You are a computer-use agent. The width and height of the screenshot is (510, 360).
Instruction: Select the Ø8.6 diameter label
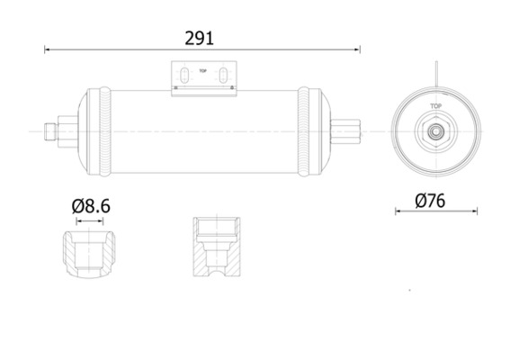click(x=91, y=206)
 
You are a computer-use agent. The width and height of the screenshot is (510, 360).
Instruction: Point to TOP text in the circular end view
click(x=435, y=106)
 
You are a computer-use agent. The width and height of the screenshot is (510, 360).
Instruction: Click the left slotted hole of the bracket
click(x=184, y=75)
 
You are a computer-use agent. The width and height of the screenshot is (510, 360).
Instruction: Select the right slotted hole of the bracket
click(x=219, y=75)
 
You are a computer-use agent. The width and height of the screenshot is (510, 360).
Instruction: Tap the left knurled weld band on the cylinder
click(x=107, y=130)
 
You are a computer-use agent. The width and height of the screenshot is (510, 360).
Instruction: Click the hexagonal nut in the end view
click(x=435, y=131)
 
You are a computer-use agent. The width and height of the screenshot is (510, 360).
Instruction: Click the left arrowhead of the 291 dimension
click(x=48, y=50)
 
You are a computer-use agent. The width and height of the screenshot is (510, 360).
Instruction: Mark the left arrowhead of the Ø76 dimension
click(x=398, y=213)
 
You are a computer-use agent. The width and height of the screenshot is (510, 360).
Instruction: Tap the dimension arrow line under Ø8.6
click(x=90, y=220)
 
